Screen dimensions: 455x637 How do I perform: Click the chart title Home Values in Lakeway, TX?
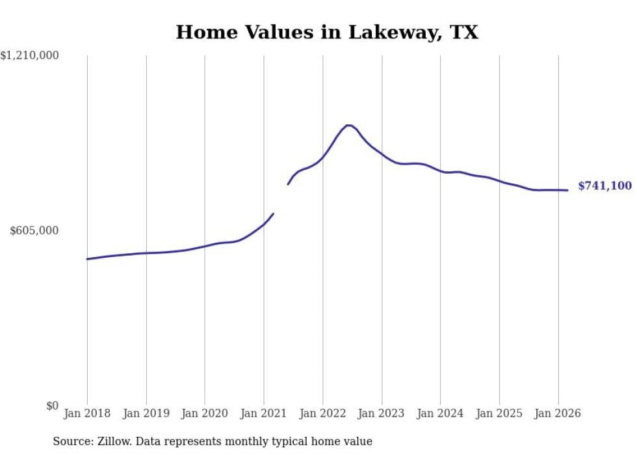click(x=327, y=33)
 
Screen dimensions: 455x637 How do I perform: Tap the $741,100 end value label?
click(x=604, y=186)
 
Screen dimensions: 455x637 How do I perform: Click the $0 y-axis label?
click(x=52, y=406)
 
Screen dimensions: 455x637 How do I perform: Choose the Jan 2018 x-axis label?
click(x=87, y=413)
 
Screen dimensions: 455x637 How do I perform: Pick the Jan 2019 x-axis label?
click(x=146, y=413)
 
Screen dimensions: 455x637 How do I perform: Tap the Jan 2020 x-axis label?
click(x=205, y=413)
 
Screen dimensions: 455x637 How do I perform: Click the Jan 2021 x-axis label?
click(x=264, y=413)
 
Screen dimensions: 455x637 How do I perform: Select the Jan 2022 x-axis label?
click(x=323, y=413)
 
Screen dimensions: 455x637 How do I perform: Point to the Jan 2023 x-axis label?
click(x=382, y=413)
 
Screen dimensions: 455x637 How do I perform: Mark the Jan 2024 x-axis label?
click(x=440, y=413)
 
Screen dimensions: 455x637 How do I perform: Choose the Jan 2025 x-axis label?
click(x=499, y=413)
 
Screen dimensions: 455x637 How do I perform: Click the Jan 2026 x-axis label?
click(x=558, y=413)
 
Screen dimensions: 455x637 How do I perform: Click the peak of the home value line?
click(x=348, y=125)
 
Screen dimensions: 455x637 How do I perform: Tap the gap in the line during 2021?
click(x=281, y=199)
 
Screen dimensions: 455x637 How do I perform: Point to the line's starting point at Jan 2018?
click(x=87, y=259)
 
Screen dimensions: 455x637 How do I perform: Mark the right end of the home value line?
click(x=567, y=190)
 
